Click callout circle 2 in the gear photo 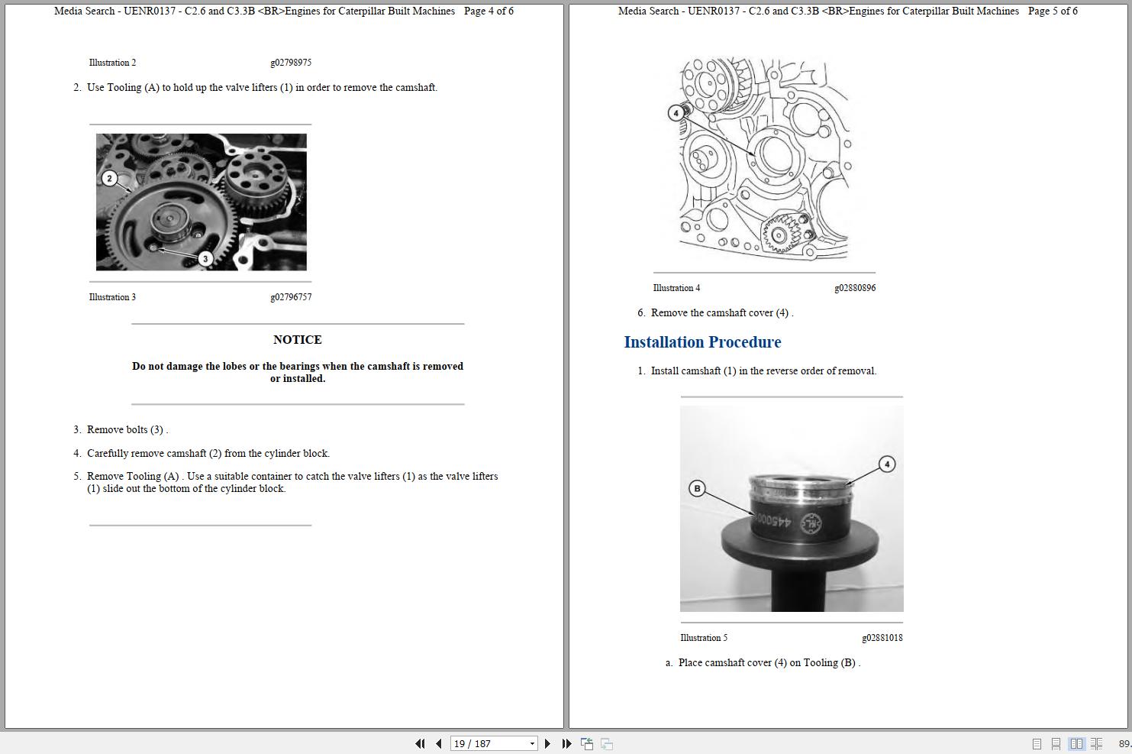pyautogui.click(x=109, y=178)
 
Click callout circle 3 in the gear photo pyautogui.click(x=205, y=258)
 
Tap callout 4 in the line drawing pyautogui.click(x=676, y=113)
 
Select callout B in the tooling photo pyautogui.click(x=696, y=488)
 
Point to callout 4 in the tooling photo pyautogui.click(x=886, y=464)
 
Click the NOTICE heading pyautogui.click(x=297, y=340)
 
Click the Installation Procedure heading pyautogui.click(x=702, y=342)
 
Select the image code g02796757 pyautogui.click(x=291, y=297)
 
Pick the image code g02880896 pyautogui.click(x=855, y=288)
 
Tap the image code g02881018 pyautogui.click(x=882, y=638)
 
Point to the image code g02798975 pyautogui.click(x=291, y=63)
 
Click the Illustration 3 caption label pyautogui.click(x=112, y=297)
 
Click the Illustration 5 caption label pyautogui.click(x=704, y=638)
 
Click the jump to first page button pyautogui.click(x=420, y=743)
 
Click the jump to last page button pyautogui.click(x=566, y=743)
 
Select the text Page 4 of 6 pyautogui.click(x=489, y=11)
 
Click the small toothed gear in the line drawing pyautogui.click(x=779, y=233)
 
